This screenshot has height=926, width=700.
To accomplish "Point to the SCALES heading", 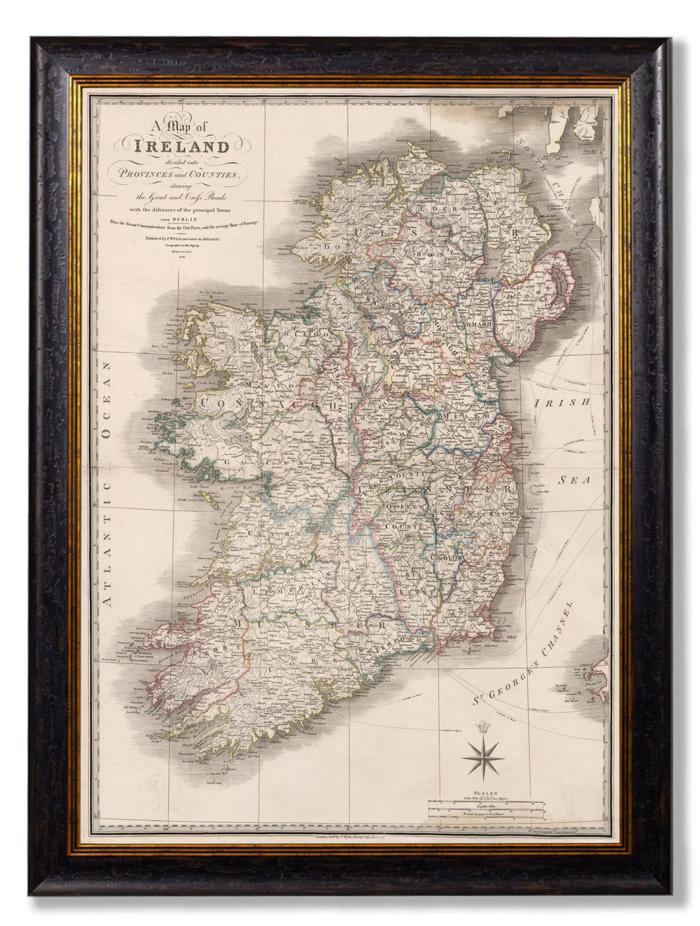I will [x=485, y=793].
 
